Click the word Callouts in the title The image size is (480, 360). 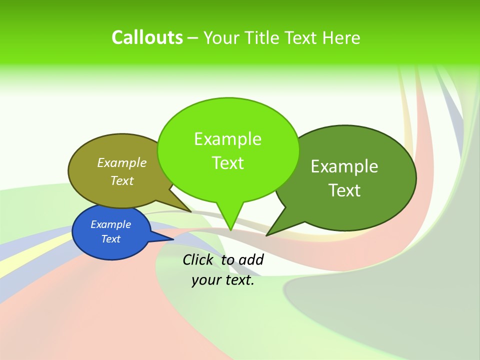click(147, 37)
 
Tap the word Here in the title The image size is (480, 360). click(341, 38)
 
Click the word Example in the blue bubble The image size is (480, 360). click(111, 224)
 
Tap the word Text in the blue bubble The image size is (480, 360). click(111, 239)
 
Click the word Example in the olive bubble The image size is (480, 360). click(122, 162)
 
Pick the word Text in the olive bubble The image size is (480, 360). click(122, 180)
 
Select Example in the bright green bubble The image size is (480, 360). click(227, 139)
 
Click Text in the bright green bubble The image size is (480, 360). click(227, 163)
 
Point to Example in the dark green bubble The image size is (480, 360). click(344, 166)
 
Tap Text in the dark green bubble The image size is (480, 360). click(344, 190)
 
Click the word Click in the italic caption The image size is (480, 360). click(198, 259)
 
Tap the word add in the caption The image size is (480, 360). click(250, 259)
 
